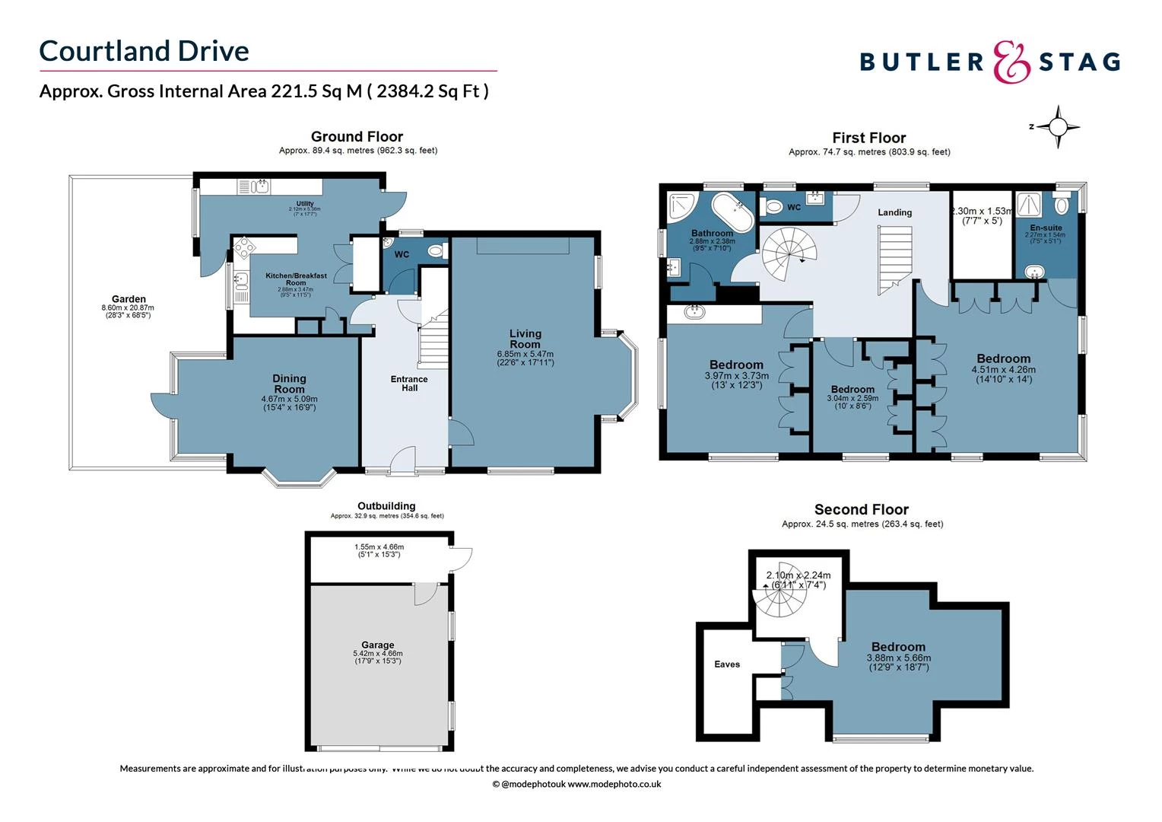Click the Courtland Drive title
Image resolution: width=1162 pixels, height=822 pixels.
144,51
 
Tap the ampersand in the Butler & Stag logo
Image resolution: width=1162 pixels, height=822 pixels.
1011,62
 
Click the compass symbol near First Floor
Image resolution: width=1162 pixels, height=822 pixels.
1057,126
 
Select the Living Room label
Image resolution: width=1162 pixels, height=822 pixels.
525,339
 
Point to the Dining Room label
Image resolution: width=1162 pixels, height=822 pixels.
289,384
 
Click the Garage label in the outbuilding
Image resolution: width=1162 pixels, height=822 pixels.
377,645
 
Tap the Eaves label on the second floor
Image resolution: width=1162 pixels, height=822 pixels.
726,664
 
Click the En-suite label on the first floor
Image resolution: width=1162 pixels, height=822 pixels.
1046,228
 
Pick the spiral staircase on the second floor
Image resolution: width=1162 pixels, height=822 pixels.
779,594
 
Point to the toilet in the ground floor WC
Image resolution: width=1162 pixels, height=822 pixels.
436,250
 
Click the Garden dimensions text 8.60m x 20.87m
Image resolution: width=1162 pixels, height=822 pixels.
128,307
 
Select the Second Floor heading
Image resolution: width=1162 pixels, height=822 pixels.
861,509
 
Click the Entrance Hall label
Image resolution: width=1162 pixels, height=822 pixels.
409,384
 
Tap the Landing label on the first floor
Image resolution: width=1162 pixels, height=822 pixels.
894,212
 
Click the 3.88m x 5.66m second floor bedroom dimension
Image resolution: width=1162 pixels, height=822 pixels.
898,658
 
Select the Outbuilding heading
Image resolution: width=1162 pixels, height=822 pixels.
386,506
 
